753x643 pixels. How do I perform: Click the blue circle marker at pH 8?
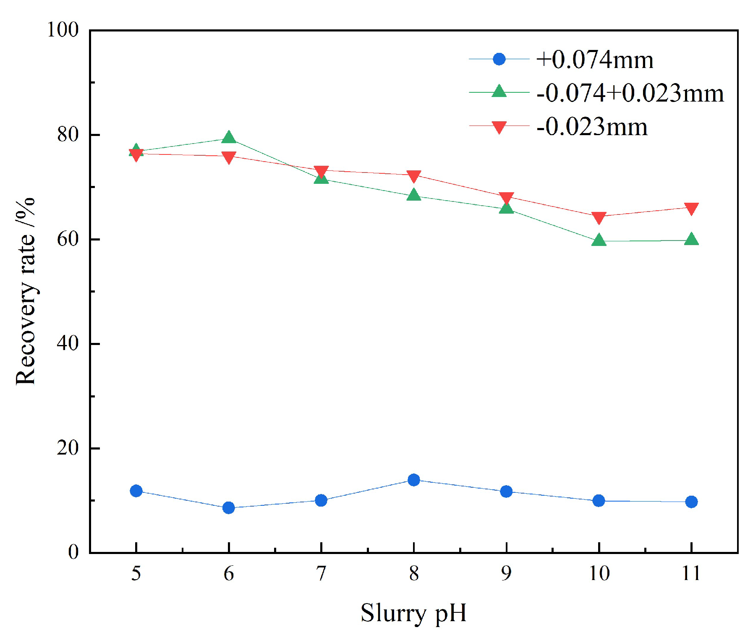(413, 480)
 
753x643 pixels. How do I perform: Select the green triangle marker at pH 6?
(228, 138)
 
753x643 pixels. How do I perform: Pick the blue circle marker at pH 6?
(228, 508)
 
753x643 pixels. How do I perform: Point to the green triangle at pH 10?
(599, 240)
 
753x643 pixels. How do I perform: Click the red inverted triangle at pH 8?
(413, 176)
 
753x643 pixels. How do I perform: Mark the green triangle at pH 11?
(691, 240)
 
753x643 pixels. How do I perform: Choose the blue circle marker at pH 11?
(691, 502)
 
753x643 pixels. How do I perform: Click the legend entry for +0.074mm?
(594, 60)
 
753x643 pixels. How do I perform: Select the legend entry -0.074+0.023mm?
(630, 93)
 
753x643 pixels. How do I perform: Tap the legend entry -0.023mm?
(592, 126)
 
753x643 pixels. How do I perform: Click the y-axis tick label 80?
(68, 135)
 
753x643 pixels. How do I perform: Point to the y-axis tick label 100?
(63, 30)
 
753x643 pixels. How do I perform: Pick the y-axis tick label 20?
(68, 448)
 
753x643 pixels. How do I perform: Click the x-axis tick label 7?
(321, 573)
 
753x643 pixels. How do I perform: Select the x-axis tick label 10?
(599, 573)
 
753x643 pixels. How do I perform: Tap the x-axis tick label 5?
(136, 573)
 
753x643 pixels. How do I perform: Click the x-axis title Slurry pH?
(413, 613)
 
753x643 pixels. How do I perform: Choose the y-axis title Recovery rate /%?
(25, 291)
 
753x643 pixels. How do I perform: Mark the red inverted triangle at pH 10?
(599, 217)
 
